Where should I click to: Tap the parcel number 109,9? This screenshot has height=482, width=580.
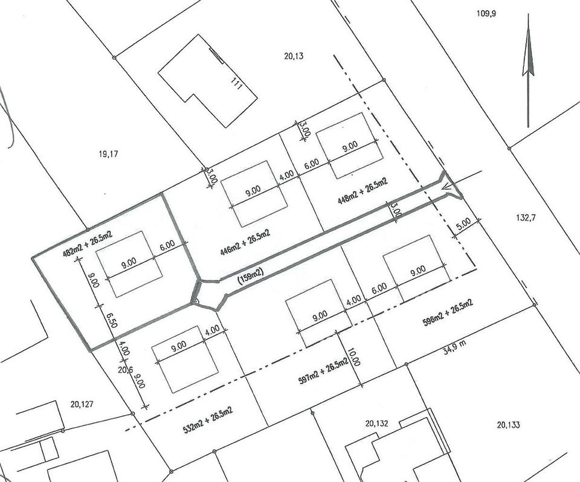click(x=486, y=13)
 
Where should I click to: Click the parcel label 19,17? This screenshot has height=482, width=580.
click(x=108, y=154)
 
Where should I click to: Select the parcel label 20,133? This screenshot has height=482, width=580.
click(x=508, y=425)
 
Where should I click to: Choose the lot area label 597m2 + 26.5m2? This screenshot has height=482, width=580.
click(x=323, y=371)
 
